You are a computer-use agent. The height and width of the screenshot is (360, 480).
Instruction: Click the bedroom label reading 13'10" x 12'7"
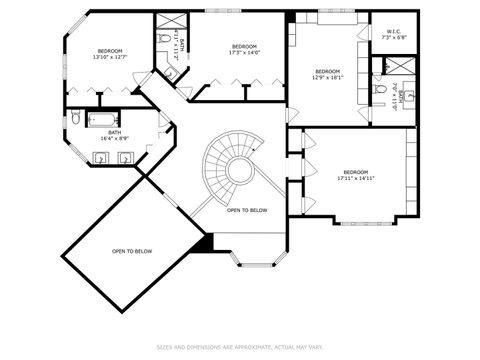point(110,54)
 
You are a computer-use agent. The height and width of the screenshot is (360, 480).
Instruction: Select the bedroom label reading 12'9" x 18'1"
point(327,75)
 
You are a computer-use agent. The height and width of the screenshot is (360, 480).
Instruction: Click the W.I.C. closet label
point(393,35)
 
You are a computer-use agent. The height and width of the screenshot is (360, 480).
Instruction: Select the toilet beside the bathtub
point(77,119)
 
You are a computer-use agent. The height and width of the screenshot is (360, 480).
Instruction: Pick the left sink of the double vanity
point(99,156)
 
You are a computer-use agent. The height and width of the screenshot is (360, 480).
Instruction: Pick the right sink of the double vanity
point(127,156)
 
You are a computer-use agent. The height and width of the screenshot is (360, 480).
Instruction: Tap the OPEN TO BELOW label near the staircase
point(246,210)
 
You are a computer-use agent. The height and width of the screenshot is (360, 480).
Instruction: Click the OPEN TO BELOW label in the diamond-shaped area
point(132,251)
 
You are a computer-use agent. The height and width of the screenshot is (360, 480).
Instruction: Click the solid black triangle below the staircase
point(205,242)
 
